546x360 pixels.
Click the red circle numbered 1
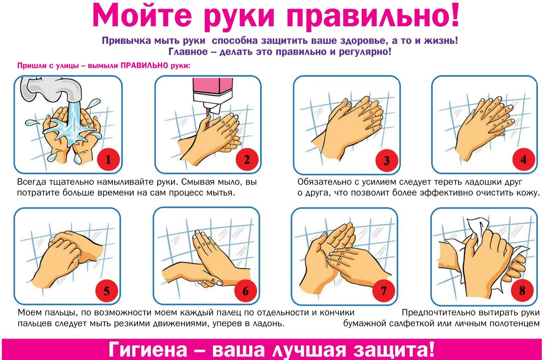[x=108, y=160]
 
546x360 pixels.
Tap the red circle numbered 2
[x=247, y=160]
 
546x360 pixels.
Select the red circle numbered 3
[x=387, y=160]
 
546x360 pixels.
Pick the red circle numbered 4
[x=524, y=160]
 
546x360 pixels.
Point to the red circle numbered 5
[x=107, y=291]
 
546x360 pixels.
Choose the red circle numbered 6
[x=245, y=291]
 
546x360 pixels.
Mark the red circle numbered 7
[x=384, y=291]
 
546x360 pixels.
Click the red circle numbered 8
[x=522, y=291]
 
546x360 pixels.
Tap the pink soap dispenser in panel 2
[x=213, y=95]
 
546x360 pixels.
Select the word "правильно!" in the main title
[x=373, y=17]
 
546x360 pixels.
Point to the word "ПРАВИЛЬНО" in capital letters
[x=144, y=66]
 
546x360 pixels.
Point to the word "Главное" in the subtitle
[x=188, y=52]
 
